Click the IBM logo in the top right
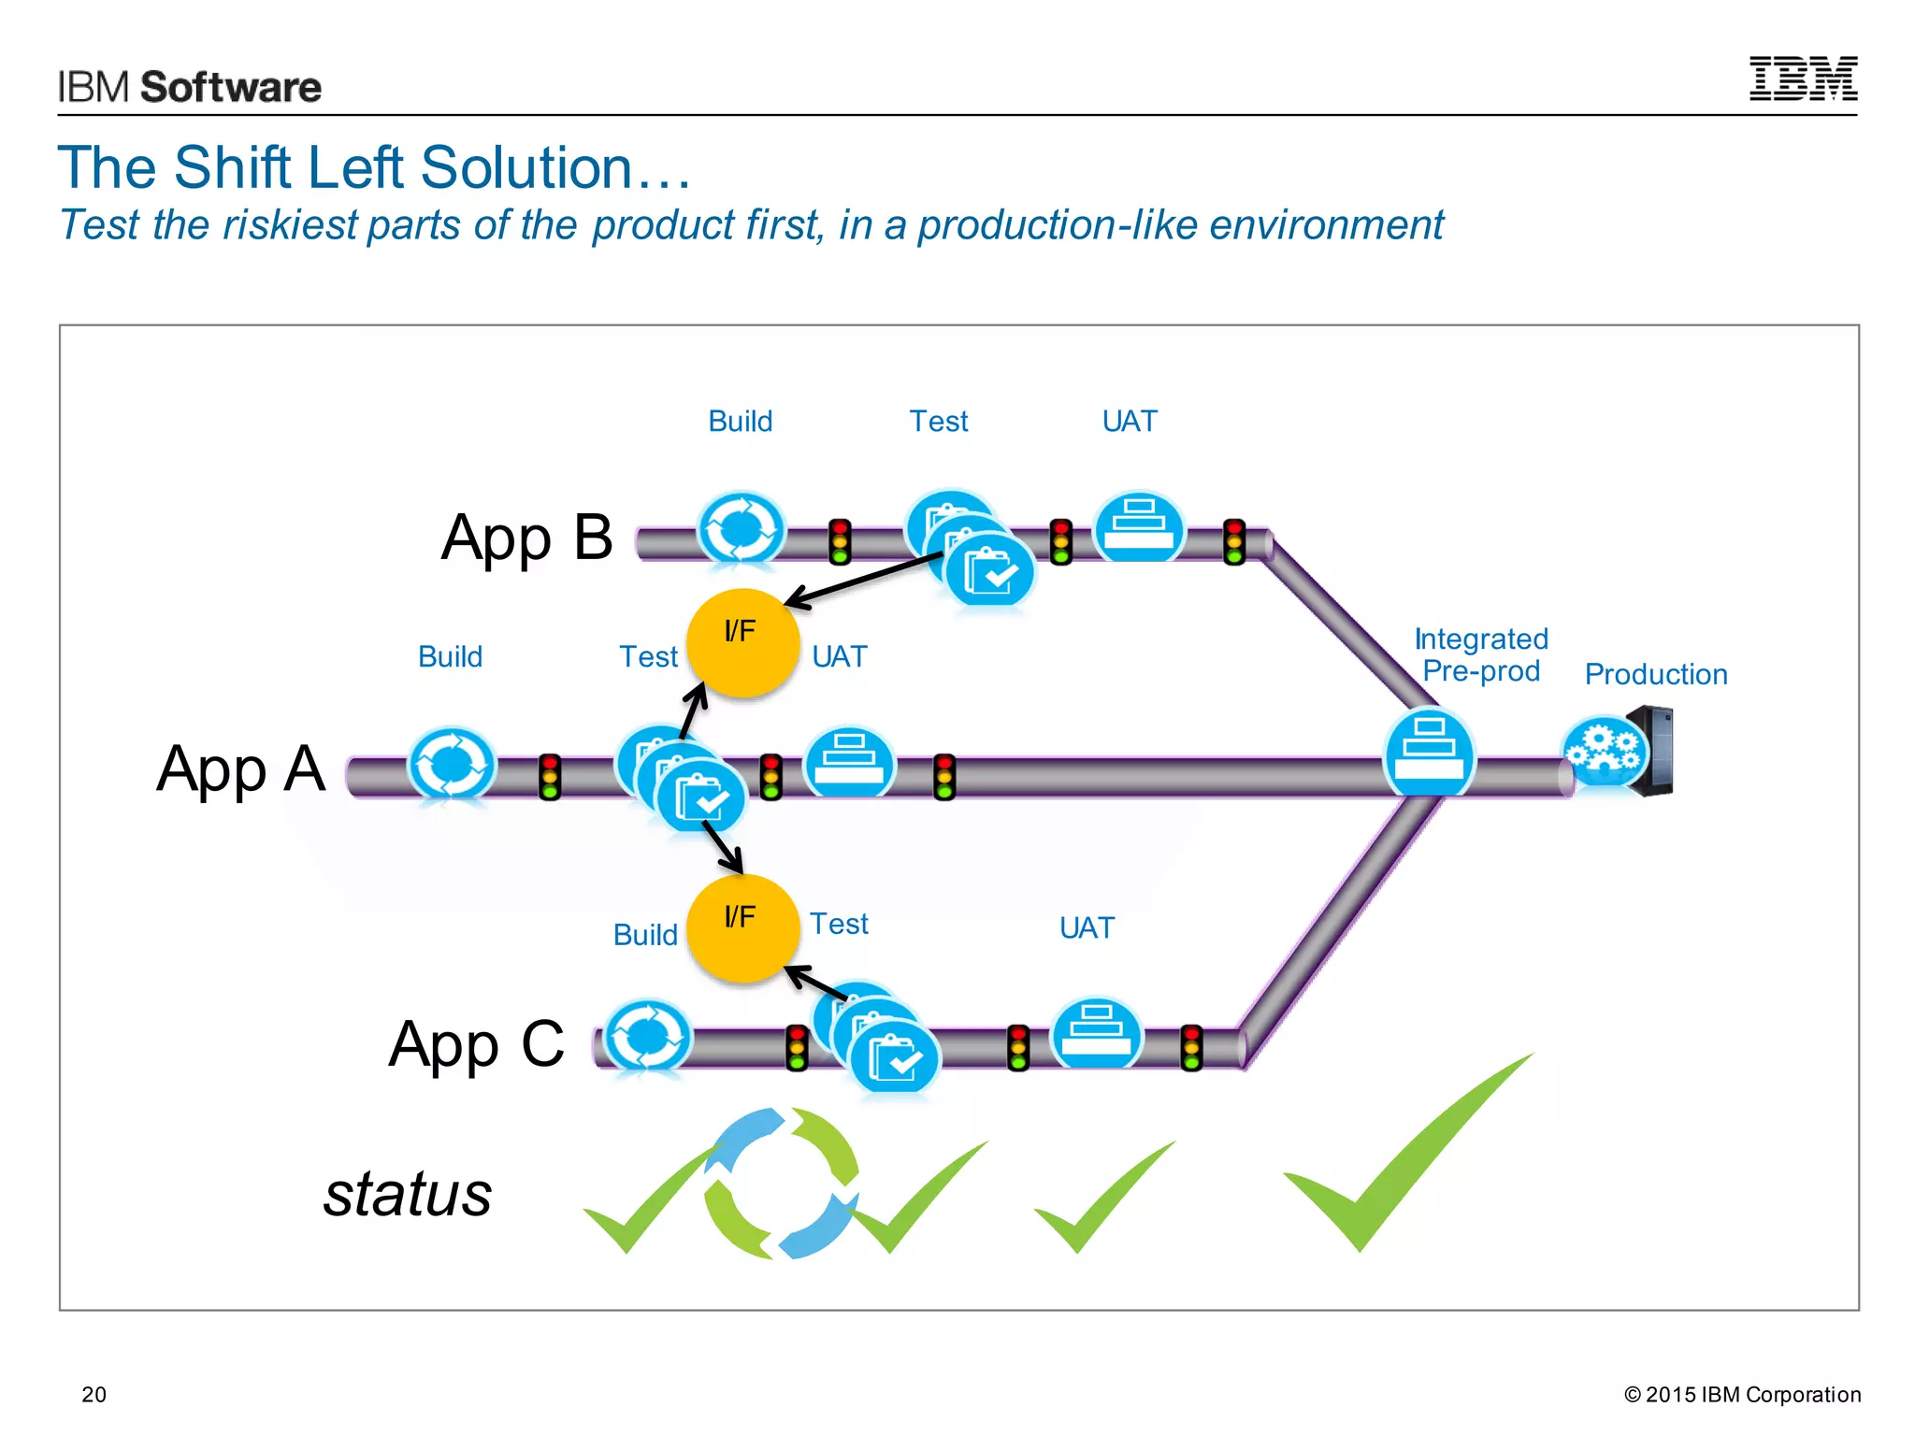click(1803, 79)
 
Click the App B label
click(526, 538)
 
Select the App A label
click(241, 769)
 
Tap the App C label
click(477, 1044)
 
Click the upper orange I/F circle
click(742, 643)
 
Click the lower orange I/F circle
click(742, 928)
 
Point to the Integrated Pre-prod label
click(1481, 655)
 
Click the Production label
click(1656, 674)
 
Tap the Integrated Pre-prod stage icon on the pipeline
click(1429, 752)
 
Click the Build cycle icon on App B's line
click(742, 529)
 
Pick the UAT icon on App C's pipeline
click(1097, 1033)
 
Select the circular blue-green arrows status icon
click(781, 1184)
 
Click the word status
click(408, 1194)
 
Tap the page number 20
click(94, 1394)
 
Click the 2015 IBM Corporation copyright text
click(1742, 1394)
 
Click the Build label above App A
click(450, 657)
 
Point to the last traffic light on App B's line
click(1234, 542)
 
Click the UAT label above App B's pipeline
click(1130, 422)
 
